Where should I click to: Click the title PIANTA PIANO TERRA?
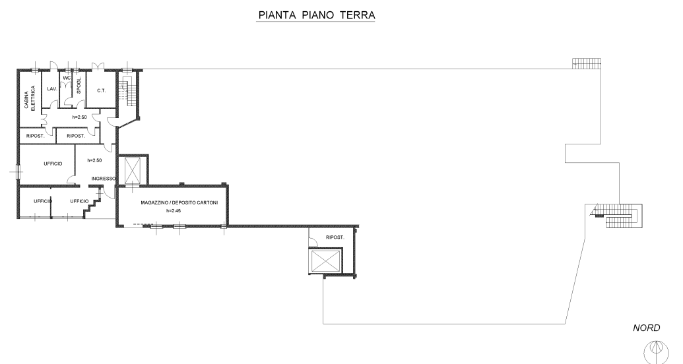pos(315,15)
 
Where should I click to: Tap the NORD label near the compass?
pos(646,328)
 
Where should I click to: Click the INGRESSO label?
pos(104,179)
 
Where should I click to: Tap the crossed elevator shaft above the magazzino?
pos(133,171)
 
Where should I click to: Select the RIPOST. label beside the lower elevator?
pos(335,237)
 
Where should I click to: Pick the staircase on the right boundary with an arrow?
pos(616,216)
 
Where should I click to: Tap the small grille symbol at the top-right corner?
pos(586,63)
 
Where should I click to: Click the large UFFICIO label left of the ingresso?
pos(53,163)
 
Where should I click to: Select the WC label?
pos(66,78)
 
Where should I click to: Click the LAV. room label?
pos(50,89)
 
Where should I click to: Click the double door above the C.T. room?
pos(98,66)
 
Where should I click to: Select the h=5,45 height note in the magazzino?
pos(172,210)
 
